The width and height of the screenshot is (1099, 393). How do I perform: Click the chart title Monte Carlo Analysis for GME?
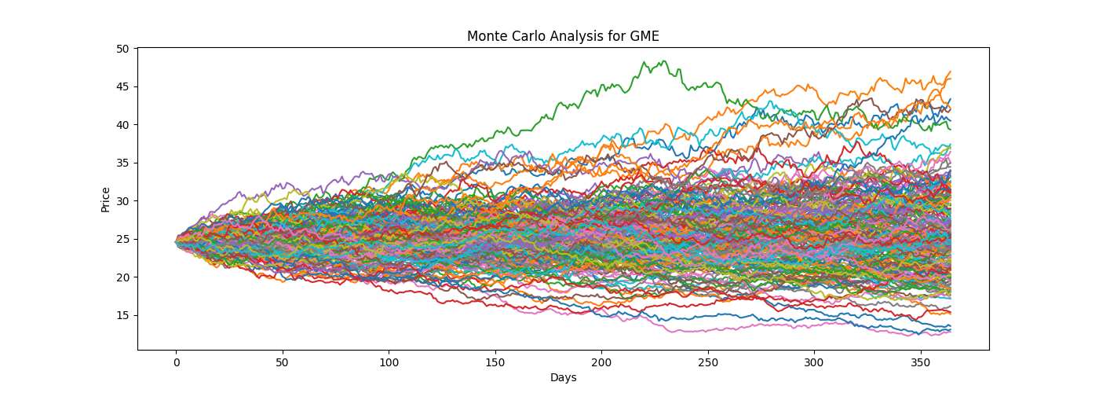pos(563,36)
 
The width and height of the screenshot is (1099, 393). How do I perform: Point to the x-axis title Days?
pos(563,378)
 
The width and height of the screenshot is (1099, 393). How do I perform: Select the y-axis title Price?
pos(105,199)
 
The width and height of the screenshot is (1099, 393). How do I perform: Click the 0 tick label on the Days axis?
pos(176,363)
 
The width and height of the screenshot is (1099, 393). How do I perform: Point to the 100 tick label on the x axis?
pos(389,363)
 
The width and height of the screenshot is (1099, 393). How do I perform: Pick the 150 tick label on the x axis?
pos(495,363)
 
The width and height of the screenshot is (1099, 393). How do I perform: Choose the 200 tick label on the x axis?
pos(601,363)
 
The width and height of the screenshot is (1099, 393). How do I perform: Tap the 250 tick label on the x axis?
pos(708,363)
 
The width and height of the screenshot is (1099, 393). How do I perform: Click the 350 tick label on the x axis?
pos(921,363)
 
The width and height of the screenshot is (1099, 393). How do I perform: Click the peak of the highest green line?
pos(664,61)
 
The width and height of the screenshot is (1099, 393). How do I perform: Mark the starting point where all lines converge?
pos(176,242)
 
